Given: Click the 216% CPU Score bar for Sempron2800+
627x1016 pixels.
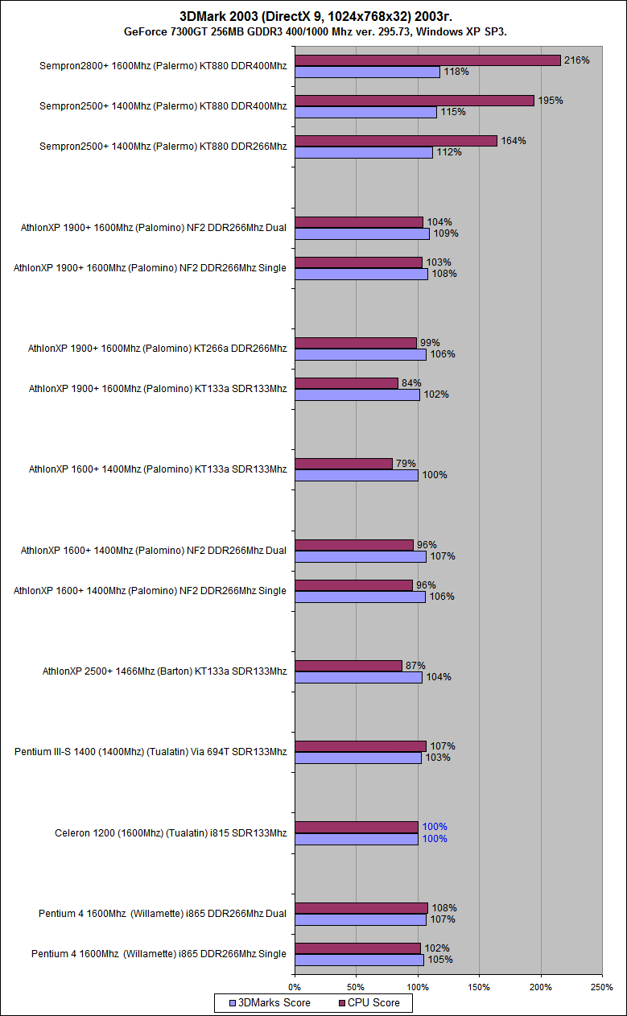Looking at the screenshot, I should tap(427, 60).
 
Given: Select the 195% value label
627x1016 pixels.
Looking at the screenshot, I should tap(551, 101).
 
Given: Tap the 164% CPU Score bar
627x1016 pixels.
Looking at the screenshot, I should tap(396, 141).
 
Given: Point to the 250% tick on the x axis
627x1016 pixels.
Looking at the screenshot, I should tap(602, 986).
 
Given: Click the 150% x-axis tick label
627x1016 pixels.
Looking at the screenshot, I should tap(479, 986).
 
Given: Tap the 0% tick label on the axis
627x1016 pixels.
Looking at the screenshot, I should tap(295, 986).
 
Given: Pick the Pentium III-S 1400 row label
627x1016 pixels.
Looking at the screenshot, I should tap(151, 752).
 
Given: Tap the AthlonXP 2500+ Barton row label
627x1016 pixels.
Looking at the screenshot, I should tap(164, 671).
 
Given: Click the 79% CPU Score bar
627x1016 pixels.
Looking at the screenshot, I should tap(344, 464).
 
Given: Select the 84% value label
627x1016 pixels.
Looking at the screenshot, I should tap(411, 383).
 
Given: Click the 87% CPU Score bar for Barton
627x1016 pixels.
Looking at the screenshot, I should tap(349, 666).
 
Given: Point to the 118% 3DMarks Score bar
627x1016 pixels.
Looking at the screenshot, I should tap(367, 72).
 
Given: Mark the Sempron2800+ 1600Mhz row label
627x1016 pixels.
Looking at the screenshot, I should tap(163, 66).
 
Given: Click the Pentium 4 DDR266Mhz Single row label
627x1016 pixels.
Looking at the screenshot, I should tap(159, 954).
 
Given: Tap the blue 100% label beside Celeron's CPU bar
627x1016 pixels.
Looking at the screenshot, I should tap(434, 827).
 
